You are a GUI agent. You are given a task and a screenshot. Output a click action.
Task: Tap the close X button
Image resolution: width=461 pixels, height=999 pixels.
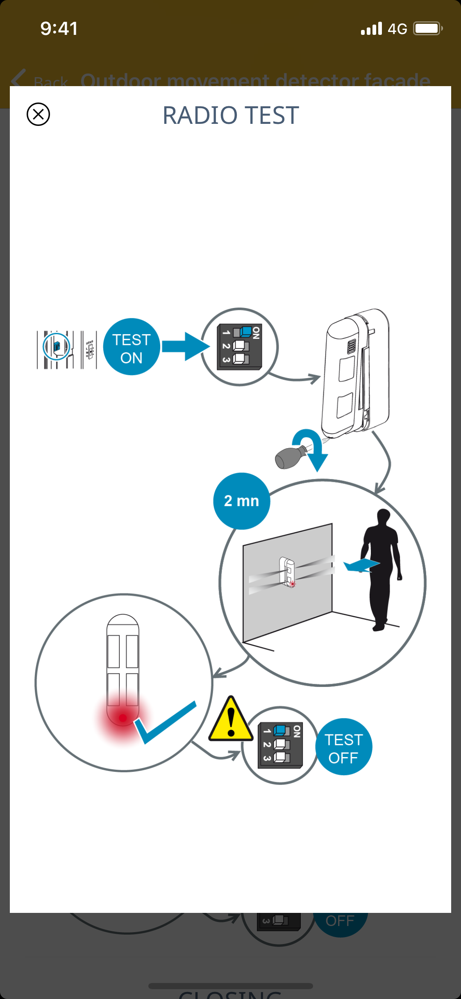(x=38, y=114)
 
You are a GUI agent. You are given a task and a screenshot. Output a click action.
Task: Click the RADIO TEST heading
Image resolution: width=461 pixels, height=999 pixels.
(x=231, y=115)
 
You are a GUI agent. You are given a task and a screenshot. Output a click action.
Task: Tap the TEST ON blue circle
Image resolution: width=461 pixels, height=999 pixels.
(x=132, y=347)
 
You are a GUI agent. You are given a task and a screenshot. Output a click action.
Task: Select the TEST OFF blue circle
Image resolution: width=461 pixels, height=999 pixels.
(x=343, y=747)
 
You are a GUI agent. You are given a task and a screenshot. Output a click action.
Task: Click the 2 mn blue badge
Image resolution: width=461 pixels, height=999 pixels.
(x=241, y=501)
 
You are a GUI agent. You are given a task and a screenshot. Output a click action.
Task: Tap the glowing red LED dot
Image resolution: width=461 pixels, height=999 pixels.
(x=123, y=718)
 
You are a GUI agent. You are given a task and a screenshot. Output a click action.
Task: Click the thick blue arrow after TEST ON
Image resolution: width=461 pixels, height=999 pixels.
(x=185, y=347)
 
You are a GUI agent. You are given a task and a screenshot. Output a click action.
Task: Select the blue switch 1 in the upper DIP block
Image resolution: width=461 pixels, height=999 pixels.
(x=245, y=331)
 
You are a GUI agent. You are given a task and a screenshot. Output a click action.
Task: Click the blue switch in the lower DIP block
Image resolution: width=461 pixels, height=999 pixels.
(x=279, y=730)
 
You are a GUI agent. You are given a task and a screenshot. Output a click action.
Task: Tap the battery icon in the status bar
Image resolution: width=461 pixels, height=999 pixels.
(x=427, y=29)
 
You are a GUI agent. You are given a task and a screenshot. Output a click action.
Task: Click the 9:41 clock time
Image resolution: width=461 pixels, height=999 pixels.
(x=59, y=29)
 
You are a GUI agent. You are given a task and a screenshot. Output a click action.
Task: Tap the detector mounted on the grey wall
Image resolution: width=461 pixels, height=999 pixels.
(x=287, y=571)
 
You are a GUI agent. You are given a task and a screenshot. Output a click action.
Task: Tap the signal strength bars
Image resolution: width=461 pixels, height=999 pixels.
(x=371, y=29)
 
